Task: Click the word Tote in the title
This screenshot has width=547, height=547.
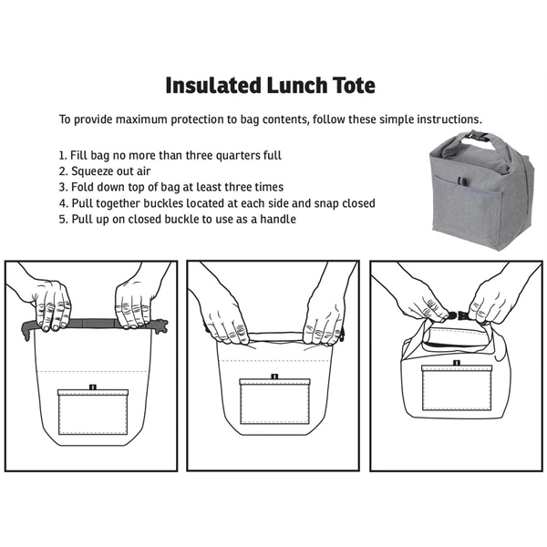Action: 351,85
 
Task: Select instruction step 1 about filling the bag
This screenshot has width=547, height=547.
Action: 170,155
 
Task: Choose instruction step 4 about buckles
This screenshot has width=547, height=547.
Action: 217,202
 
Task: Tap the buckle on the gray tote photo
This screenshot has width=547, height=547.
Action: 473,138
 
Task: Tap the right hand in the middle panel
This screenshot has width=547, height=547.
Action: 324,315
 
